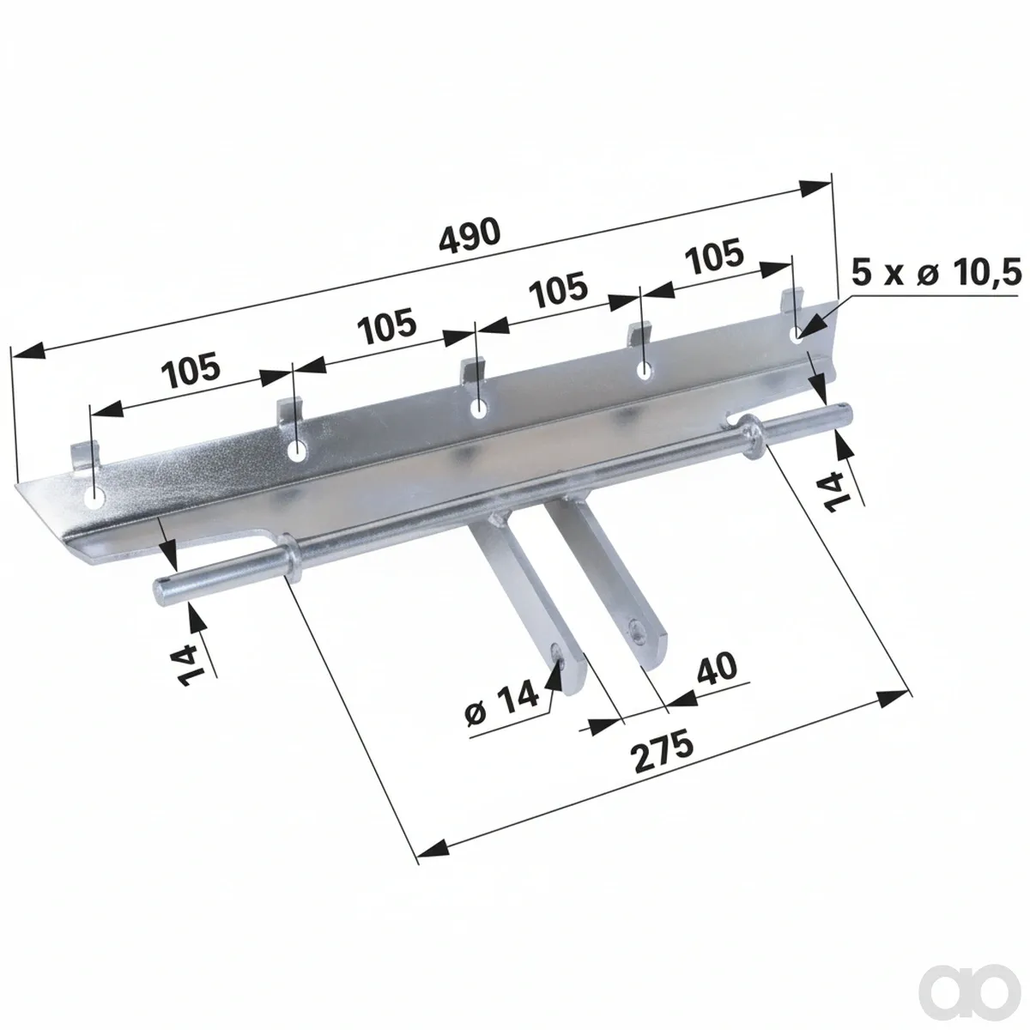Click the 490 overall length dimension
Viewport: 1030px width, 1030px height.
pyautogui.click(x=470, y=234)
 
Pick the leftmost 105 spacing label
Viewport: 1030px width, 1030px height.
pyautogui.click(x=191, y=369)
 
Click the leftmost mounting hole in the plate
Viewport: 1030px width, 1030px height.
pyautogui.click(x=95, y=498)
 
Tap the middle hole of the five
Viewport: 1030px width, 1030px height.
pyautogui.click(x=478, y=409)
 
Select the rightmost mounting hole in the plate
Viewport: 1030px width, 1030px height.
pyautogui.click(x=797, y=334)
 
